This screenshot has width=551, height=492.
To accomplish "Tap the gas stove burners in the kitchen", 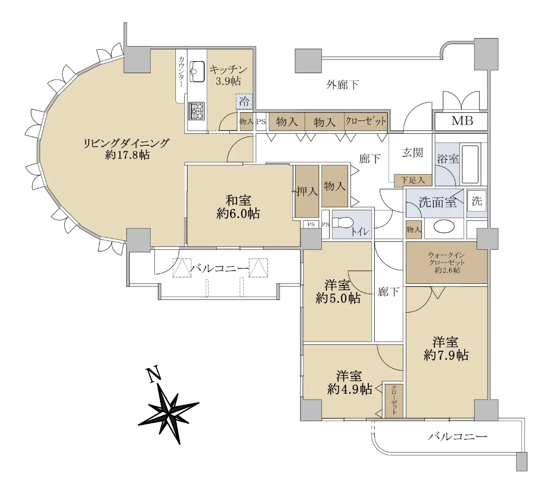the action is coord(197,111).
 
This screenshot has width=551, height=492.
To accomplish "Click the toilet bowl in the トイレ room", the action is coord(339,222).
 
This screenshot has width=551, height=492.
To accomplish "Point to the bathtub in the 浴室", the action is coord(470,164).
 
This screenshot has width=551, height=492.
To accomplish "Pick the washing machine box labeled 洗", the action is coord(477,201).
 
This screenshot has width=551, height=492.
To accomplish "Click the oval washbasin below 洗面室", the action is coord(444,226).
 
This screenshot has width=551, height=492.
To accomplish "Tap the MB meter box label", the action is coord(462,120).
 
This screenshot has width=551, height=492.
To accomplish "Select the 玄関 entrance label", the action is coord(412,153).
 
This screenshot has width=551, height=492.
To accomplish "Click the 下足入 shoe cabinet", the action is coord(413,180).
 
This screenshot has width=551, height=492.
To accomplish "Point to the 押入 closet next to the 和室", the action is coord(307,191).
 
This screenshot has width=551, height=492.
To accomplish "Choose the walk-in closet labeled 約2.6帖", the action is coord(446,263).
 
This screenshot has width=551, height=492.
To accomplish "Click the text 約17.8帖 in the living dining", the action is coord(127,155).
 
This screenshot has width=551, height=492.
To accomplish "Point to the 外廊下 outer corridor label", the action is coord(342,85).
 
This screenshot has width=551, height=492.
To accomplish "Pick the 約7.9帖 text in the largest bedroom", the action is coord(446,355).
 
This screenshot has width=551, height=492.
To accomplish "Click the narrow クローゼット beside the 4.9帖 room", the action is coord(394,401).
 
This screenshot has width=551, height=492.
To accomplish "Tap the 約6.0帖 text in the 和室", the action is coord(238,213).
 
